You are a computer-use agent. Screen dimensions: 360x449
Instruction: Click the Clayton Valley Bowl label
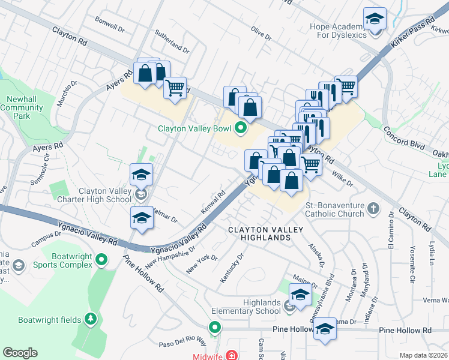195,128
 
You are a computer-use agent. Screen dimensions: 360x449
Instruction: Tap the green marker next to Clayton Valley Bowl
241,128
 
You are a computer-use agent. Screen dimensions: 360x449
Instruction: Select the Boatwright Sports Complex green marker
101,260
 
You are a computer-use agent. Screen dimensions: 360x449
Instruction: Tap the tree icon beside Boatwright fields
91,319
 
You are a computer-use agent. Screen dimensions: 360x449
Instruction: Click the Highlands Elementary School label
246,307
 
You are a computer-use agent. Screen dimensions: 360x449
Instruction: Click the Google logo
20,353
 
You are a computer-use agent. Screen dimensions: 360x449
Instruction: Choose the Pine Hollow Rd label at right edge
405,331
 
